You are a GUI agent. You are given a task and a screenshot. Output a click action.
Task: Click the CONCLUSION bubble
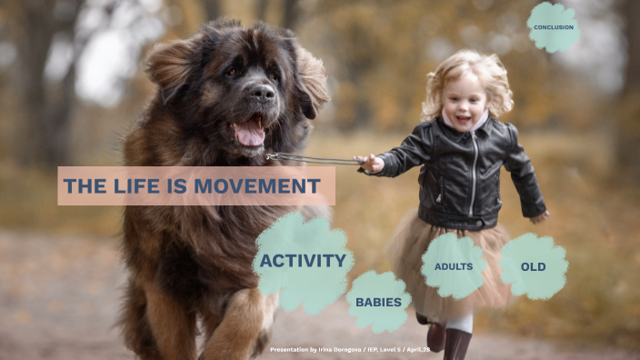pyautogui.click(x=553, y=26)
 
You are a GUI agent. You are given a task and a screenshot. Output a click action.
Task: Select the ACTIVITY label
pyautogui.click(x=303, y=261)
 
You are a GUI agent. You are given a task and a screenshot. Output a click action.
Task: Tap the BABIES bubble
pyautogui.click(x=378, y=302)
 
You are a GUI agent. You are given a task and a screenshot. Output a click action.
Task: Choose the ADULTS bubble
pyautogui.click(x=454, y=266)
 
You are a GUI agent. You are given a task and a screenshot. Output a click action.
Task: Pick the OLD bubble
pyautogui.click(x=533, y=266)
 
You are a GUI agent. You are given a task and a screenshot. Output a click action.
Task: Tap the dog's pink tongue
pyautogui.click(x=249, y=135)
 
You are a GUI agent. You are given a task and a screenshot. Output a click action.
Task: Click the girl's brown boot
pyautogui.click(x=457, y=344)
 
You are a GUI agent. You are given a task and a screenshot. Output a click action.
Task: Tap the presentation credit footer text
pyautogui.click(x=349, y=349)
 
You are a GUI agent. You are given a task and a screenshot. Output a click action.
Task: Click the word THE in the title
pyautogui.click(x=85, y=186)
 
